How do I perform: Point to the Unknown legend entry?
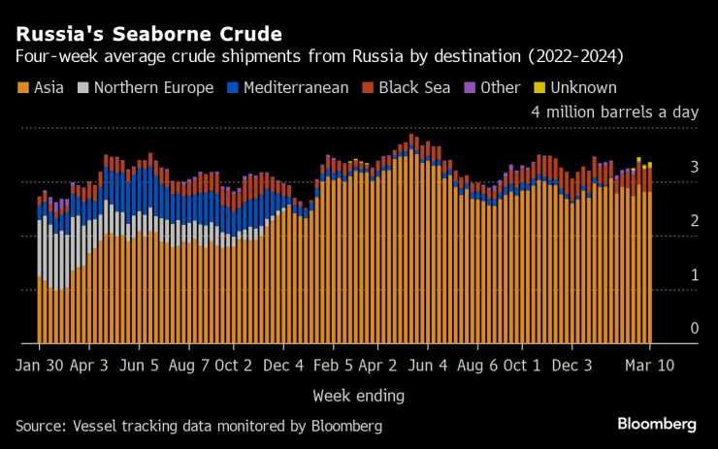(x=575, y=88)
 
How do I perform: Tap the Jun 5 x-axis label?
(x=141, y=366)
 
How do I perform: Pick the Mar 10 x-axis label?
(x=650, y=366)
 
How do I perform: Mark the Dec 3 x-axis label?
(x=572, y=366)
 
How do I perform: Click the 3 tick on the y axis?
(x=694, y=168)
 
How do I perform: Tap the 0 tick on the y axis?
(x=694, y=329)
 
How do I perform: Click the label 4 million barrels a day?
(x=614, y=112)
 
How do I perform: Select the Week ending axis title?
(x=358, y=396)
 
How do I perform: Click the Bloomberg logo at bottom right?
(x=657, y=425)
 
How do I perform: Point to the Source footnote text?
(x=199, y=426)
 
